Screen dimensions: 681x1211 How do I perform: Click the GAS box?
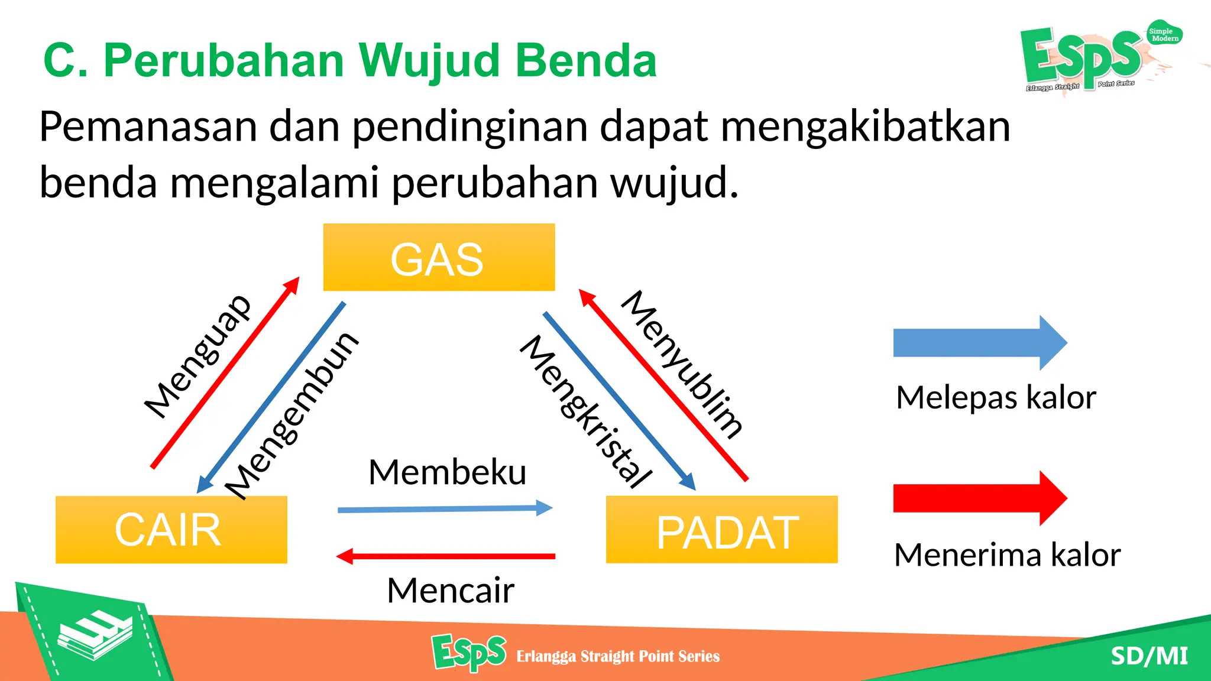[x=439, y=258]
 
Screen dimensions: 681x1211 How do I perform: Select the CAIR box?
[x=171, y=530]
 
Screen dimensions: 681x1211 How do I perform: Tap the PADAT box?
[x=721, y=530]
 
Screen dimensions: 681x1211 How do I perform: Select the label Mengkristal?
[x=586, y=411]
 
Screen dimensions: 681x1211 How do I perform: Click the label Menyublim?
[x=682, y=364]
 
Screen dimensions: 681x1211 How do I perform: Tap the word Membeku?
[x=447, y=472]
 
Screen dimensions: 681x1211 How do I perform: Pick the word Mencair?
[x=451, y=590]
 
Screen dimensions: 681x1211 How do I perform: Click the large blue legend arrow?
[x=979, y=343]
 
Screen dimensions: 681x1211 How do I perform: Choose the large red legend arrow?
[x=979, y=498]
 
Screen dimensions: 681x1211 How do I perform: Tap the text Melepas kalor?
[x=996, y=397]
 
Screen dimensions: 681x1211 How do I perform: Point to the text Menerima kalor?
[x=1007, y=555]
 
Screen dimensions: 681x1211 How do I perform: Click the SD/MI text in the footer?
[x=1149, y=656]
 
